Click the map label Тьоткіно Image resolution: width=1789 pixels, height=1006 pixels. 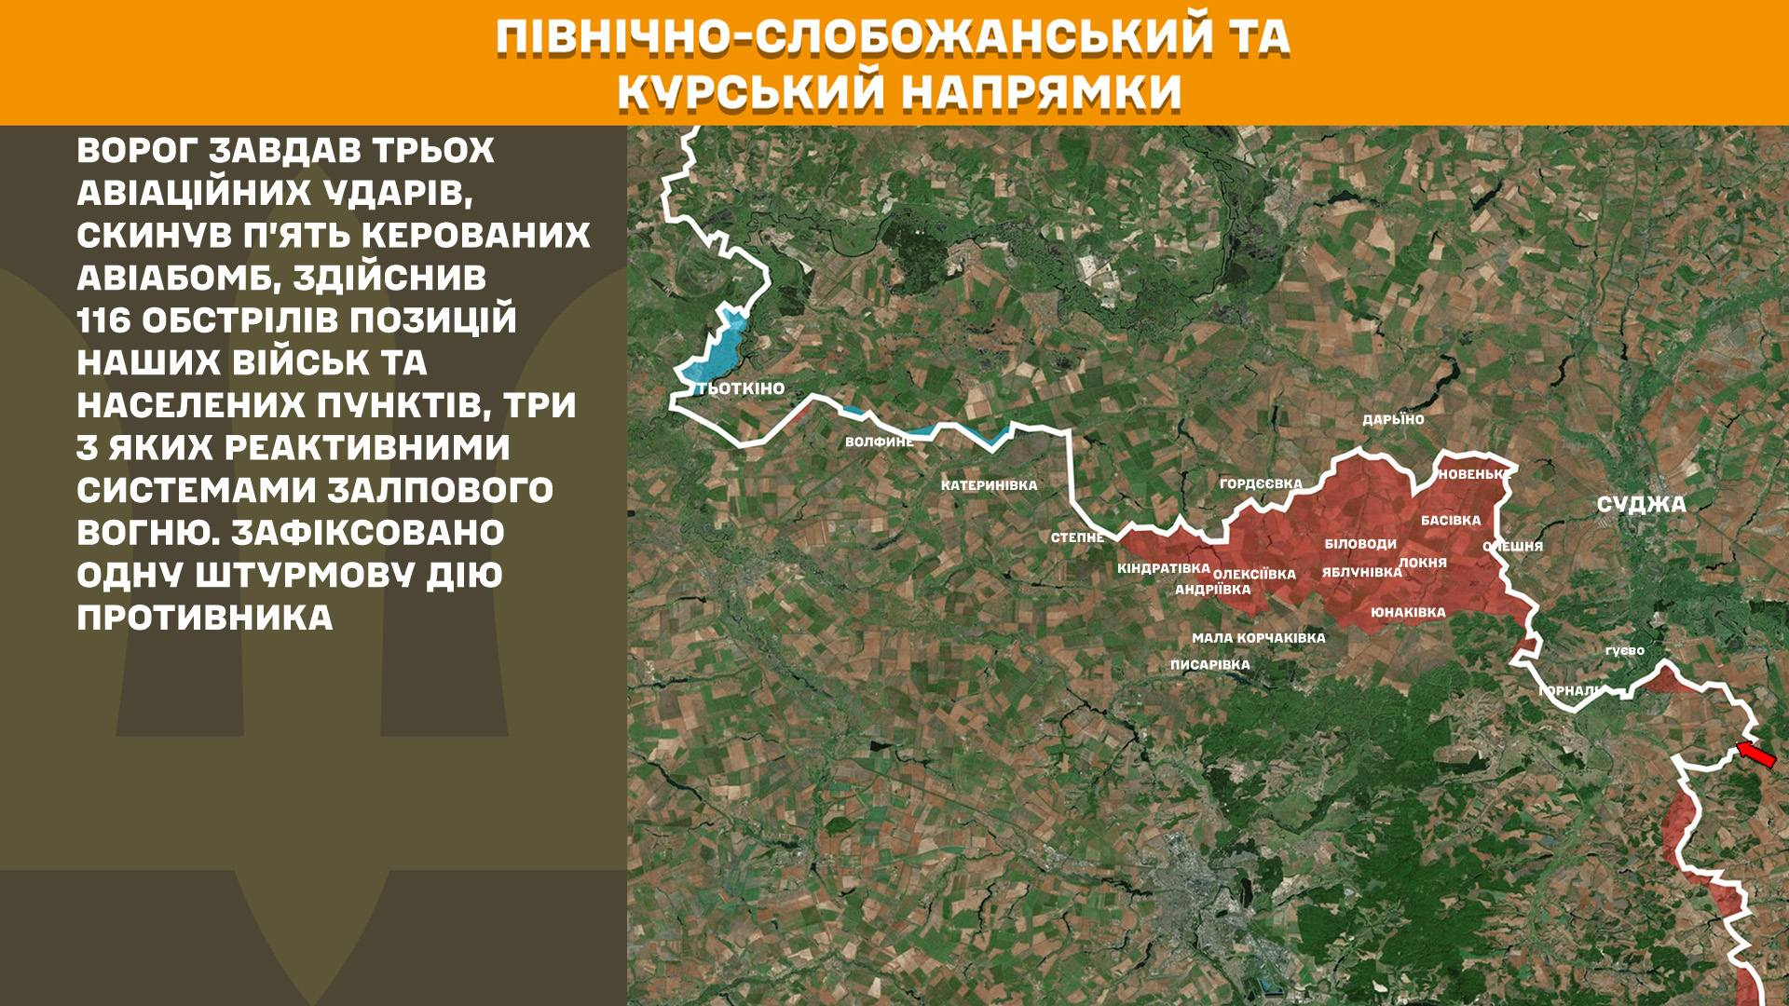742,388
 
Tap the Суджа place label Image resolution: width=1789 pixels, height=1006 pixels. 1641,505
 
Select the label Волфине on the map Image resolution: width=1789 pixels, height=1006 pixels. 879,442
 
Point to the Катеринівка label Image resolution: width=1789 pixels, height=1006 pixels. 989,485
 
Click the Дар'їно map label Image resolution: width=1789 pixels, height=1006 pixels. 1393,420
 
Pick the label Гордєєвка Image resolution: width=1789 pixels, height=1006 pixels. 1261,483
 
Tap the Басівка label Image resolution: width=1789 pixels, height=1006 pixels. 1451,521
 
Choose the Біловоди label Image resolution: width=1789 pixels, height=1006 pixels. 1360,544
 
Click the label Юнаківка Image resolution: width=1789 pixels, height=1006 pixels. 1408,612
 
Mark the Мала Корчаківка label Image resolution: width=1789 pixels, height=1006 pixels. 1258,638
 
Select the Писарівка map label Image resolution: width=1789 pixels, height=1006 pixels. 1209,665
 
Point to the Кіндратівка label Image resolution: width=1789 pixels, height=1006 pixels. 1163,568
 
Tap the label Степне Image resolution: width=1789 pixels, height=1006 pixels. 1077,537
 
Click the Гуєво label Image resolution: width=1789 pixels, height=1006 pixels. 1624,651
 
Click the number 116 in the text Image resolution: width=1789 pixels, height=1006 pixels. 103,320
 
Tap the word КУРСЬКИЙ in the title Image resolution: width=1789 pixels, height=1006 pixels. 749,91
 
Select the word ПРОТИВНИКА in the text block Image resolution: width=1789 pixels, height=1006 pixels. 205,618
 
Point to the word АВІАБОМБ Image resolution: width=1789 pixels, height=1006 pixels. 178,278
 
